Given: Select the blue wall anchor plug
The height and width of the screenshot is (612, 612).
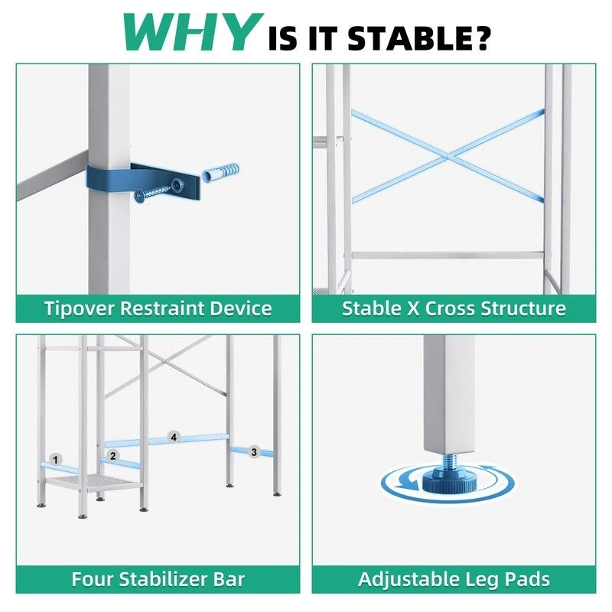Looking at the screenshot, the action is coord(221,172).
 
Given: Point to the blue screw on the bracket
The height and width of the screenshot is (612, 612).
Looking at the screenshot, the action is coord(152,194).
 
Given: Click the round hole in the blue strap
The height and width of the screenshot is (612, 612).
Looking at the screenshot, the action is coord(178,183).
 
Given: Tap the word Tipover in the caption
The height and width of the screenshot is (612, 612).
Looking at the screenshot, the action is coord(80,308).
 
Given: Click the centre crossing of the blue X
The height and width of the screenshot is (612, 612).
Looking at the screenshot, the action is coord(449,156).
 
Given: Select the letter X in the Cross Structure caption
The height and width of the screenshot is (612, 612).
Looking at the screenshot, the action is coord(413,308).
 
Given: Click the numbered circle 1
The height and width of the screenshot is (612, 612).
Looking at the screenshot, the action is coord(55,460).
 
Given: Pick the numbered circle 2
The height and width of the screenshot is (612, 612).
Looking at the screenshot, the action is coord(112,455).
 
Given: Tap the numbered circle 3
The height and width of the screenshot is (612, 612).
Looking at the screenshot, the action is coord(254,452).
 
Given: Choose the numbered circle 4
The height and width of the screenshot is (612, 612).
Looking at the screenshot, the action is coord(174,437).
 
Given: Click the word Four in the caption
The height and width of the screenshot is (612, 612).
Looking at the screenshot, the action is coord(93,579).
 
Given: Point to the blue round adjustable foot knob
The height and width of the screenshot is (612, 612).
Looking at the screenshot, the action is coord(449,481).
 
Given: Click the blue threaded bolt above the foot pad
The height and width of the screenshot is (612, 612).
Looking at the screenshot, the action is coord(450,462).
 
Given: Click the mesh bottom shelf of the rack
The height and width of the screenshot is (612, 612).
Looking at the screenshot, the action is coord(93,483).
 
